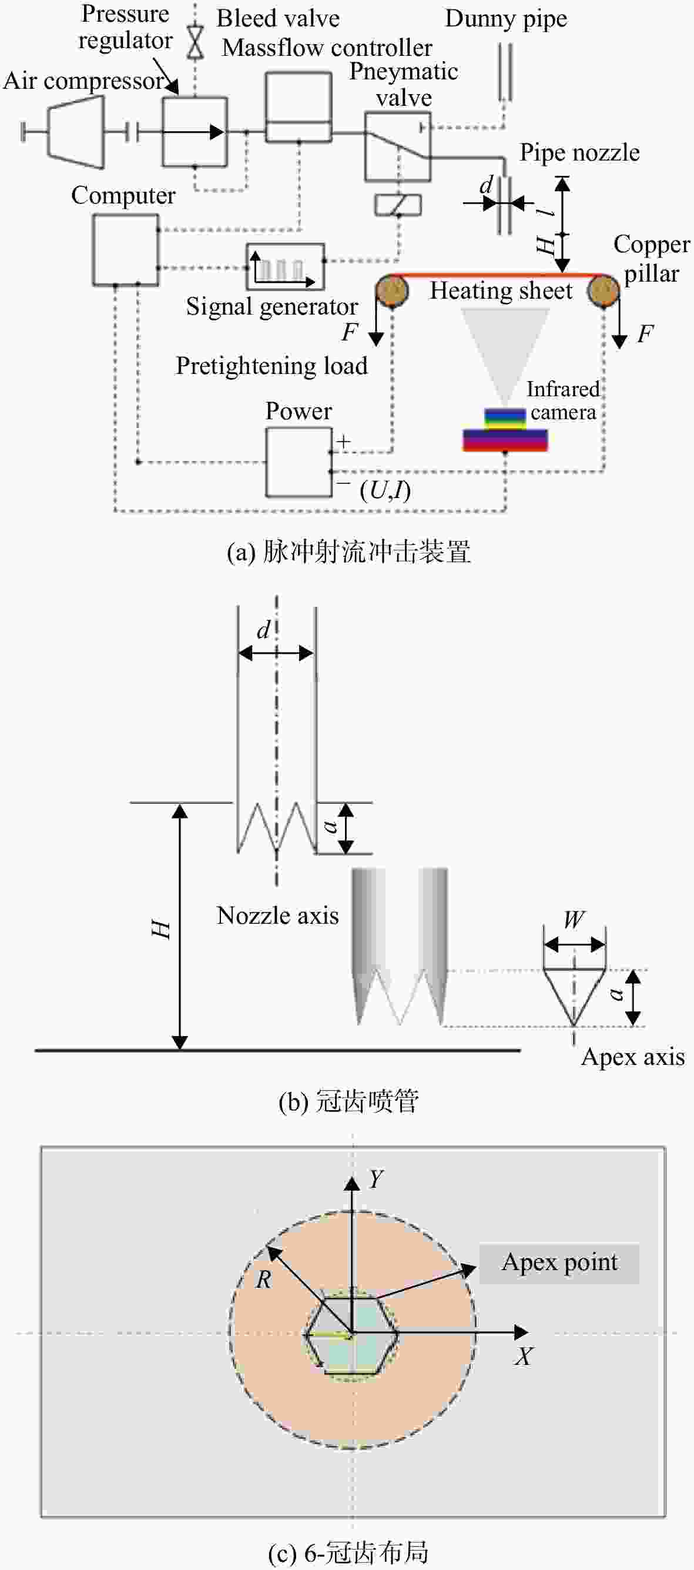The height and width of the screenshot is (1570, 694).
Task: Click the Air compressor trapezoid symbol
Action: click(x=76, y=132)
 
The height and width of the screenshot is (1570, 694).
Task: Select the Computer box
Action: click(x=126, y=250)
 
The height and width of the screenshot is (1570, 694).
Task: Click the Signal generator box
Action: click(x=285, y=266)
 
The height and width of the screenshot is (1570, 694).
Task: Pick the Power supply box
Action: click(x=299, y=462)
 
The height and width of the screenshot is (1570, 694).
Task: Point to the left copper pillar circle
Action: click(x=391, y=290)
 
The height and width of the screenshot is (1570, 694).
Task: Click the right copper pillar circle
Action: click(x=604, y=290)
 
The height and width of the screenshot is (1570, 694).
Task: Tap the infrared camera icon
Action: click(x=505, y=430)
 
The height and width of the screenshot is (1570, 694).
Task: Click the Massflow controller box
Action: click(x=299, y=107)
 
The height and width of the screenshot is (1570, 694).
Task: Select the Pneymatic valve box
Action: click(x=398, y=146)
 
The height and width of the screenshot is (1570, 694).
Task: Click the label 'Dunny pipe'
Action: click(x=507, y=19)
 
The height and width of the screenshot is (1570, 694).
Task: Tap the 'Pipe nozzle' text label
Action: click(x=579, y=152)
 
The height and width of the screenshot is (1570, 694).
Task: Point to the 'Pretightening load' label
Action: click(x=271, y=366)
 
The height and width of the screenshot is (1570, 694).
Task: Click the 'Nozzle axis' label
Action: click(x=278, y=916)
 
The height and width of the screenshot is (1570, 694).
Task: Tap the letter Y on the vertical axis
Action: click(x=376, y=1180)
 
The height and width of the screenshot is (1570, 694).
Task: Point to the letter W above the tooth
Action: click(x=574, y=919)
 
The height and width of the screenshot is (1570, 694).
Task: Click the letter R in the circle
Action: click(x=263, y=1280)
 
